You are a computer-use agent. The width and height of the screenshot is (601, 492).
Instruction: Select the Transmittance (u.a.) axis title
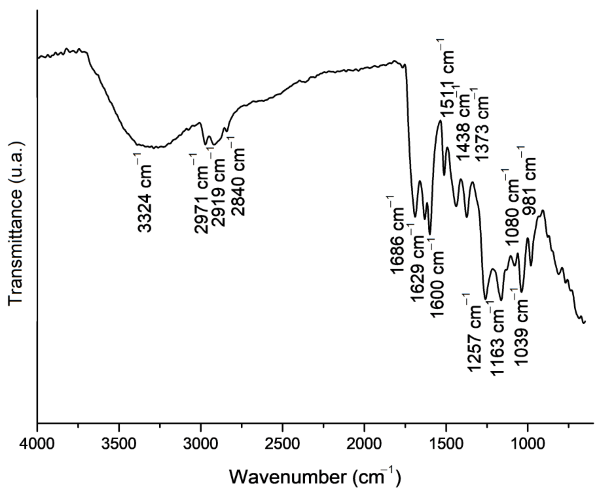pos(16,224)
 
